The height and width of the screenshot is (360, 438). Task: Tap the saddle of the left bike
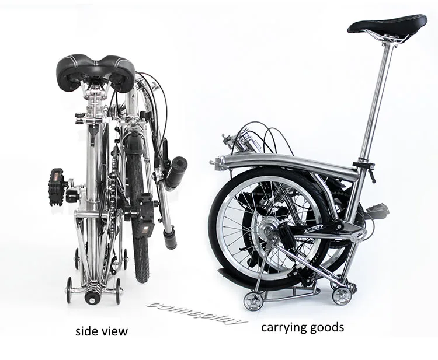coord(96,71)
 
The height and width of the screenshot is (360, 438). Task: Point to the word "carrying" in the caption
coord(284,327)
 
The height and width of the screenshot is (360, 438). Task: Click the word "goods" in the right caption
coord(327,327)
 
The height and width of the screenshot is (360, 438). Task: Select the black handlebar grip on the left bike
coord(175,172)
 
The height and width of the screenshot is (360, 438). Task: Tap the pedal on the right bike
coord(377,208)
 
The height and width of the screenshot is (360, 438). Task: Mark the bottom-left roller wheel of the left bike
coord(69,289)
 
